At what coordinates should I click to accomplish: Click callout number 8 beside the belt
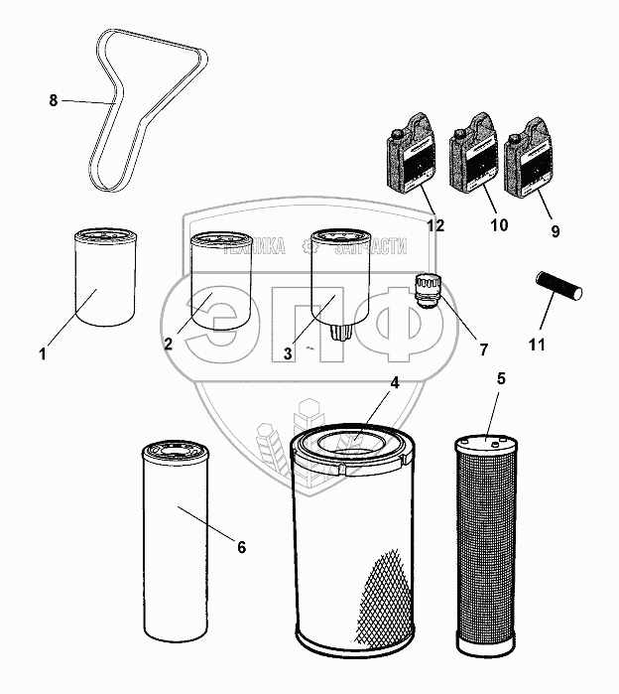pyautogui.click(x=54, y=99)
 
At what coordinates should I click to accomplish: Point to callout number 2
pyautogui.click(x=168, y=344)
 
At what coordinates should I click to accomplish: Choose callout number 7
pyautogui.click(x=483, y=349)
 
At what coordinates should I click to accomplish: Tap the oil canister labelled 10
pyautogui.click(x=472, y=158)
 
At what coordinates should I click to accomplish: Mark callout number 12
pyautogui.click(x=435, y=225)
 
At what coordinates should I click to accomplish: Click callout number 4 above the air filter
pyautogui.click(x=394, y=383)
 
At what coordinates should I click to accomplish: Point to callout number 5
pyautogui.click(x=501, y=378)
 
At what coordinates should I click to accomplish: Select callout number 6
pyautogui.click(x=240, y=547)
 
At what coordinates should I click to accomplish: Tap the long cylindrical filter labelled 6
pyautogui.click(x=177, y=541)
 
